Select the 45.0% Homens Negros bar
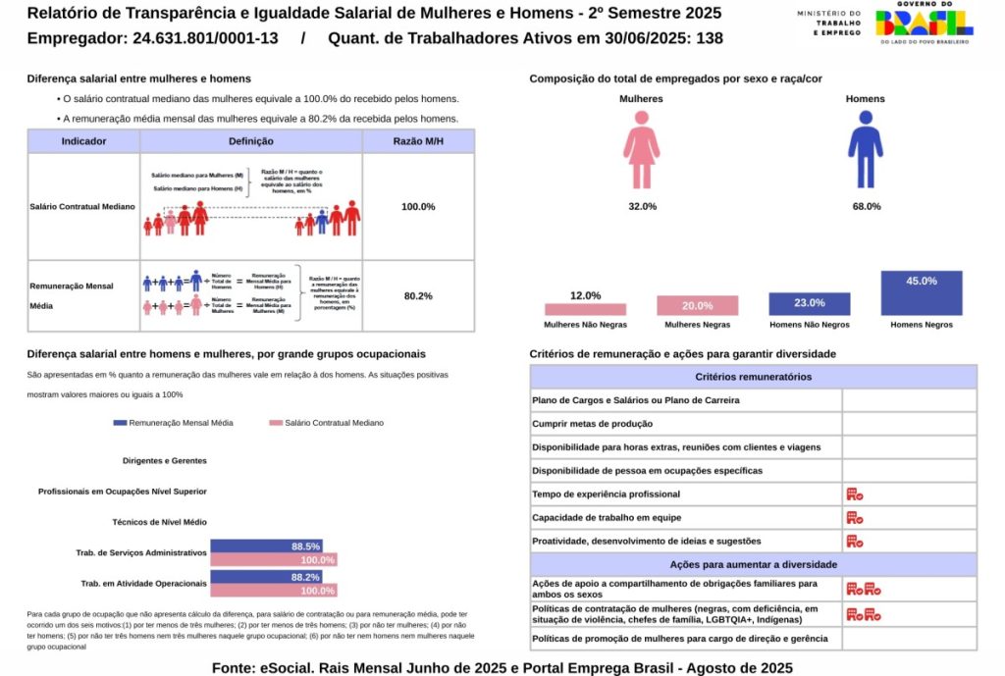921,292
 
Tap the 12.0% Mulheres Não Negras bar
585,308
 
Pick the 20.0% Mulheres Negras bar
697,305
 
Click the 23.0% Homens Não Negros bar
809,303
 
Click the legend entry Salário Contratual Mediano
327,423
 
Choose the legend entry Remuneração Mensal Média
174,423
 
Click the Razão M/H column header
418,141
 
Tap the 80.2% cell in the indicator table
418,296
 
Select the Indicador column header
83,141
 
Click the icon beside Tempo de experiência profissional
854,494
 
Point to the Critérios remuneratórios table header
753,377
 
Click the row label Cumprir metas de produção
592,424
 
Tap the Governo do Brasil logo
923,24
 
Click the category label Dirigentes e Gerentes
164,460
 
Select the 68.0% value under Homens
866,206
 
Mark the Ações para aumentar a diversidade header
753,565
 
